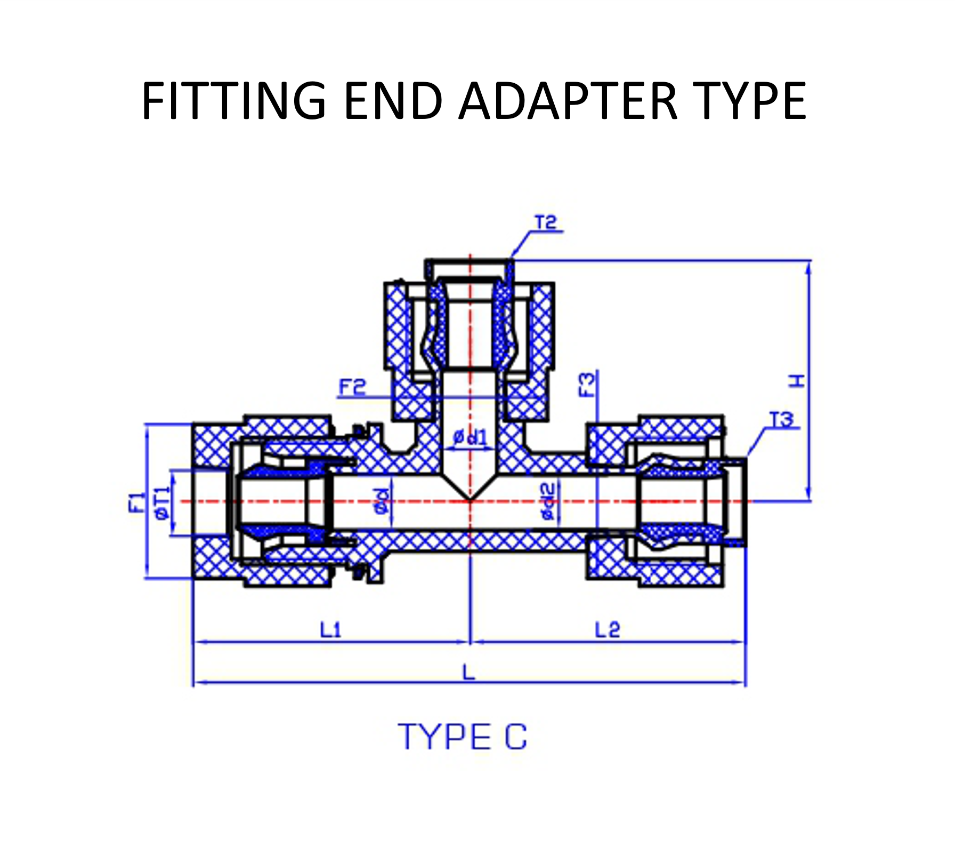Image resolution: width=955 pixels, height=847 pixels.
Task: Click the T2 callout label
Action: click(x=545, y=222)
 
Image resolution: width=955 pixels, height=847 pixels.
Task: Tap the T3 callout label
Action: click(x=781, y=420)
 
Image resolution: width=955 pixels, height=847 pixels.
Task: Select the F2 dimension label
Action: click(x=352, y=387)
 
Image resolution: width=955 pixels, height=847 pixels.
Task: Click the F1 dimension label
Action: click(x=136, y=502)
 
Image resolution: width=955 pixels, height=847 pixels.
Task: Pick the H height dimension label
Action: click(x=797, y=381)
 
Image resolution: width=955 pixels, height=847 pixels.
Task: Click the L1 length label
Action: click(x=330, y=630)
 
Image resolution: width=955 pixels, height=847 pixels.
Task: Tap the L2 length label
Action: click(x=608, y=630)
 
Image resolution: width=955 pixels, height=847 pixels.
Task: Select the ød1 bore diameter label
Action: click(x=470, y=438)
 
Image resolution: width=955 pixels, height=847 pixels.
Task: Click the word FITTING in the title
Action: click(x=234, y=101)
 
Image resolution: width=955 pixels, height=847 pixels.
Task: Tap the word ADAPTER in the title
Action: click(x=568, y=101)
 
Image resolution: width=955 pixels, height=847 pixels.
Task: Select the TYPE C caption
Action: click(x=463, y=738)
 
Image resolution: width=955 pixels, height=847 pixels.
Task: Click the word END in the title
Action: click(x=393, y=101)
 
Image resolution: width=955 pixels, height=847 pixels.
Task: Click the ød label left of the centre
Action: click(x=382, y=501)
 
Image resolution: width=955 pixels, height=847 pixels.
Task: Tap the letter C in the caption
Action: click(x=515, y=738)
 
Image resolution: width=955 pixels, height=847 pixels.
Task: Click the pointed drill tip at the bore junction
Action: click(x=470, y=499)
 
